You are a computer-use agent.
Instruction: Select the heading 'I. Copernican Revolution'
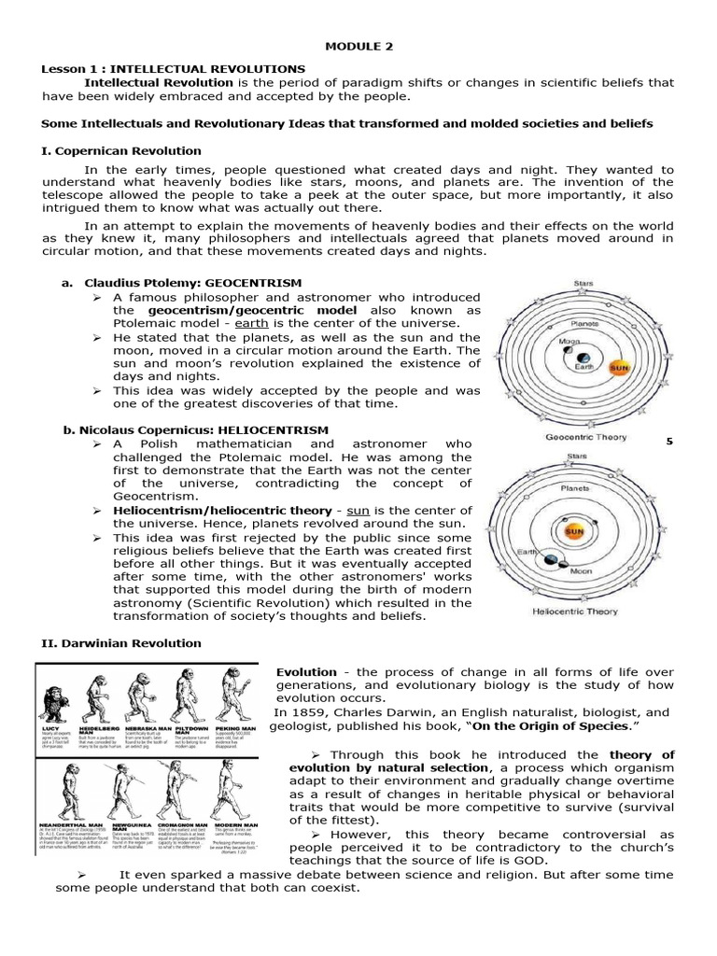click(121, 150)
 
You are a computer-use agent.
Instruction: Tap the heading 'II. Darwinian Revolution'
click(121, 642)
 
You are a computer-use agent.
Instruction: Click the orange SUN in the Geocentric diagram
click(618, 367)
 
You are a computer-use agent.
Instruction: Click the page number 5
click(669, 441)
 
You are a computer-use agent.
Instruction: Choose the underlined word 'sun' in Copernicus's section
click(358, 510)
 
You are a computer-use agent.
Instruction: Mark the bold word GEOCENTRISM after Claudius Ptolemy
click(254, 283)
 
